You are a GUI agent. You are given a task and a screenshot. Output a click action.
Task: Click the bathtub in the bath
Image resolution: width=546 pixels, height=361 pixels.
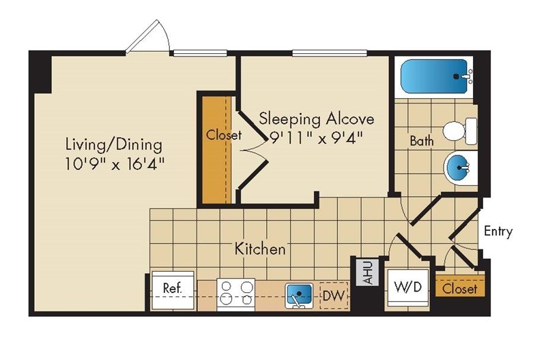coord(436,77)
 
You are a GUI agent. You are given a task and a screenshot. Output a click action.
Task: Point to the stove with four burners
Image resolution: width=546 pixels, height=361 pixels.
coord(235,294)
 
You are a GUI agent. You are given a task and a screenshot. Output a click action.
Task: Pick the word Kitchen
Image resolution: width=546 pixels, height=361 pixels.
coord(260,249)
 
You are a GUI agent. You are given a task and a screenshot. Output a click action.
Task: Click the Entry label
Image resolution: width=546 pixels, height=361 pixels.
coord(498,232)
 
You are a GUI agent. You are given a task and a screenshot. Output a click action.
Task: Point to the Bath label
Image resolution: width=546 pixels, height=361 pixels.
coord(422,142)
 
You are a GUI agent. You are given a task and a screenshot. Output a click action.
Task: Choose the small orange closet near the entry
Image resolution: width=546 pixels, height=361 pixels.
coord(460,289)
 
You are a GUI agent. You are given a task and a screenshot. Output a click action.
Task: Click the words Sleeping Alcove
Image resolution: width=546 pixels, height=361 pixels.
coord(316,119)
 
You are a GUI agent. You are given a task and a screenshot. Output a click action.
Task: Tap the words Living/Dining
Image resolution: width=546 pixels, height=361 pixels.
coord(114,144)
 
